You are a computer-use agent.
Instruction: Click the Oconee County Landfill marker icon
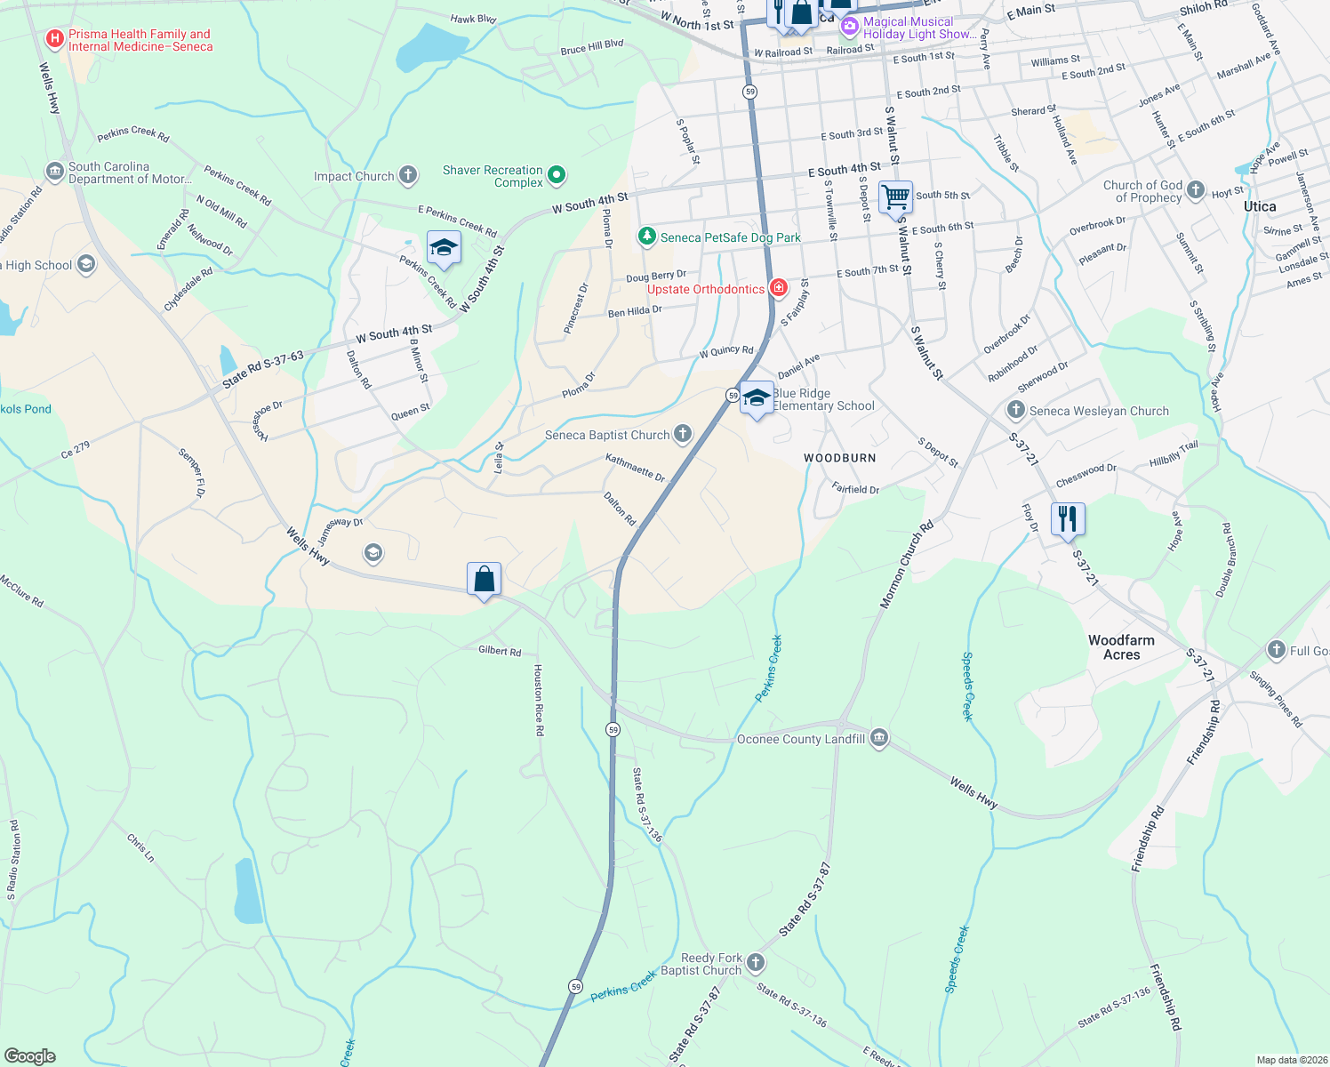coord(879,738)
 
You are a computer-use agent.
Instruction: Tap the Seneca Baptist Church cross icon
coord(682,434)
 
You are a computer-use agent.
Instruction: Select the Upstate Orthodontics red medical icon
coord(778,288)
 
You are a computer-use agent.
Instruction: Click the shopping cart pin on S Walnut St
coord(895,197)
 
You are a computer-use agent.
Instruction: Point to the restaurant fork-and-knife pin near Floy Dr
coord(1067,518)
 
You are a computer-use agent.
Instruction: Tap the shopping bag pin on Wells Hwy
coord(484,580)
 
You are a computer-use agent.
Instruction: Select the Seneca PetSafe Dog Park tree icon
coord(647,237)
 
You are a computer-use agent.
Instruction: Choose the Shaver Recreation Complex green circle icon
coord(557,175)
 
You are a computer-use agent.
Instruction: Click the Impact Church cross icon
coord(408,175)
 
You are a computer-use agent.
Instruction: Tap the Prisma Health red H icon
coord(55,39)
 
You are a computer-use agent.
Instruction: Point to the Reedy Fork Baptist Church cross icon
coord(755,963)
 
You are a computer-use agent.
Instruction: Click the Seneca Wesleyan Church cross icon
coord(1015,410)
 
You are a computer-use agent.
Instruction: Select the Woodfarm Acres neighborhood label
coord(1121,647)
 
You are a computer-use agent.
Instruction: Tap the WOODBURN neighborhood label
coord(840,458)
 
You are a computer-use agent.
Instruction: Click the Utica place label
coord(1260,206)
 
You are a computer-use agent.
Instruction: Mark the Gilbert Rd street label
coord(500,651)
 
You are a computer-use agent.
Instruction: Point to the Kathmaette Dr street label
coord(635,467)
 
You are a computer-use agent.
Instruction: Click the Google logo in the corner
coord(29,1055)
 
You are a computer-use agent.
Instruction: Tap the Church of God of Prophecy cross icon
coord(1196,189)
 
